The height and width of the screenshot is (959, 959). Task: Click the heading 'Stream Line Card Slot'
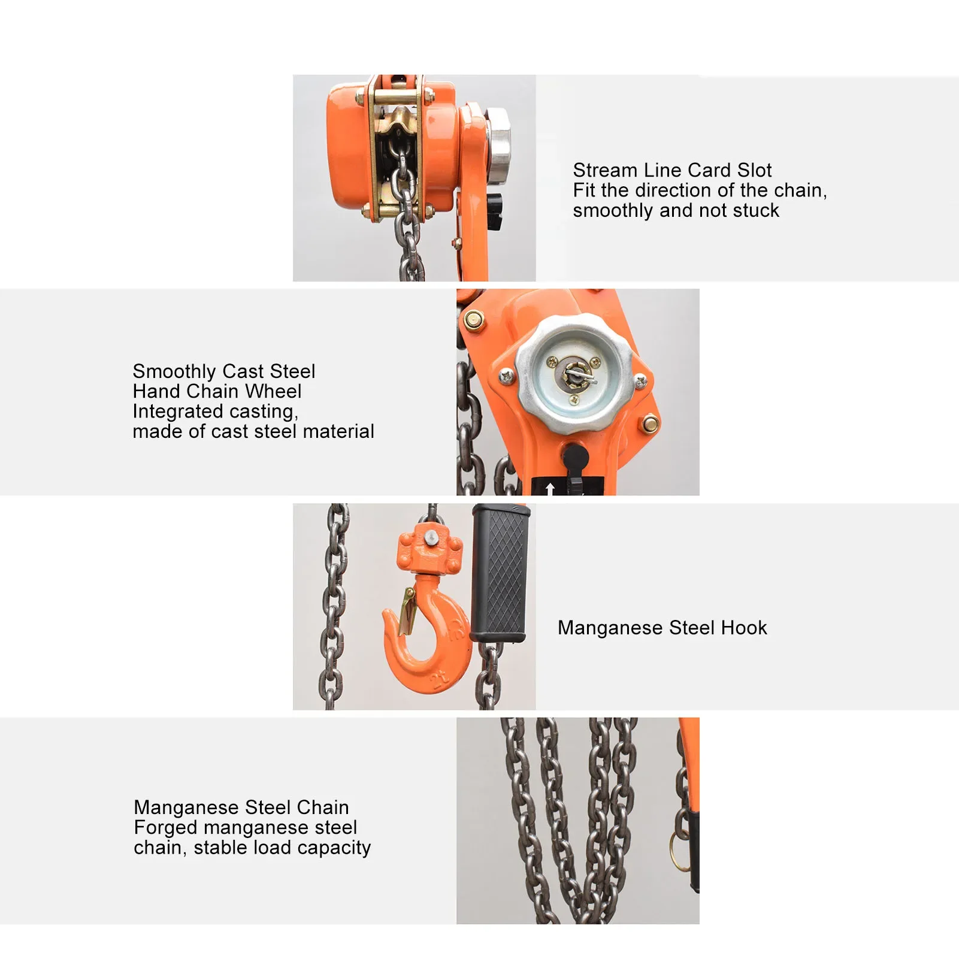click(672, 170)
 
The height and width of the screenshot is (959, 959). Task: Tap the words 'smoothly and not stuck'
click(676, 211)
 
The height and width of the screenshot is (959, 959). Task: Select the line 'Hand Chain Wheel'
click(217, 391)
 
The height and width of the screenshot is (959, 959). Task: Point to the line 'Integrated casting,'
click(216, 412)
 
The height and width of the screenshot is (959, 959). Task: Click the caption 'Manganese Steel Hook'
click(662, 628)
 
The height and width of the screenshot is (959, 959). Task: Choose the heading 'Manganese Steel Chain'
click(241, 807)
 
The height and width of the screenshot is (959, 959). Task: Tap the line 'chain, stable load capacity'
click(252, 848)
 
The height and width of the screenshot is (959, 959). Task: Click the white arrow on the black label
click(550, 488)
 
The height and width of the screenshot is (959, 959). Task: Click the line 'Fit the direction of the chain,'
click(700, 190)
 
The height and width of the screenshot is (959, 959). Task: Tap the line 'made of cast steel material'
click(253, 431)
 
